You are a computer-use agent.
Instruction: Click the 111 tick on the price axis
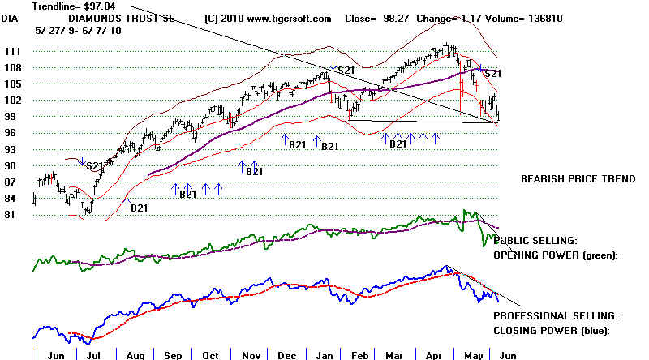tap(12, 50)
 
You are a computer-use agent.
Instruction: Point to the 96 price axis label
tap(11, 133)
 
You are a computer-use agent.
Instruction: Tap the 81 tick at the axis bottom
tap(11, 215)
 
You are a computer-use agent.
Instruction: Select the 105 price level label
tap(12, 84)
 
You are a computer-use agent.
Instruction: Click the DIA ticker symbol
tap(11, 19)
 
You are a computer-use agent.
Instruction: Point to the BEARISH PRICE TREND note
tap(578, 179)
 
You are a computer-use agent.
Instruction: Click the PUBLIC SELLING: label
tap(535, 241)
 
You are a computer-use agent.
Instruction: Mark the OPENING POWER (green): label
tap(556, 255)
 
